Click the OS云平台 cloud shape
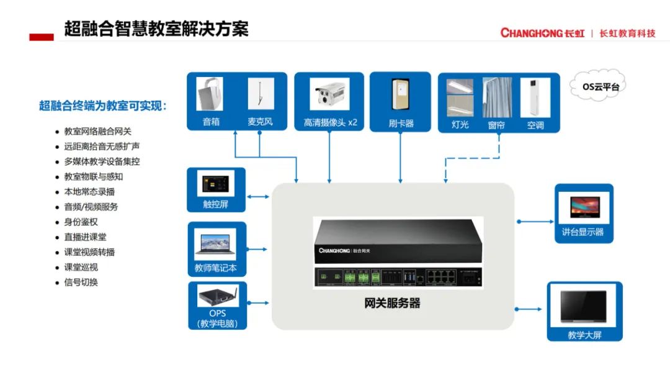[x=596, y=87]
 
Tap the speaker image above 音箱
[x=210, y=94]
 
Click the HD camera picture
[x=330, y=94]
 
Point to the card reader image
[x=401, y=94]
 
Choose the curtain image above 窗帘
[x=497, y=97]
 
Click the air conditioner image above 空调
[x=535, y=97]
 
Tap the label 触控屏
[x=216, y=204]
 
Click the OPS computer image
[x=217, y=296]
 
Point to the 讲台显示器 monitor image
[x=584, y=207]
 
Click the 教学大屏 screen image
[x=584, y=307]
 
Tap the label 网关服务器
[x=392, y=304]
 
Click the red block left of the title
[x=42, y=37]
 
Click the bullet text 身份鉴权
[x=81, y=222]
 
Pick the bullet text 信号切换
[x=81, y=282]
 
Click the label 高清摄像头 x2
[x=331, y=122]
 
